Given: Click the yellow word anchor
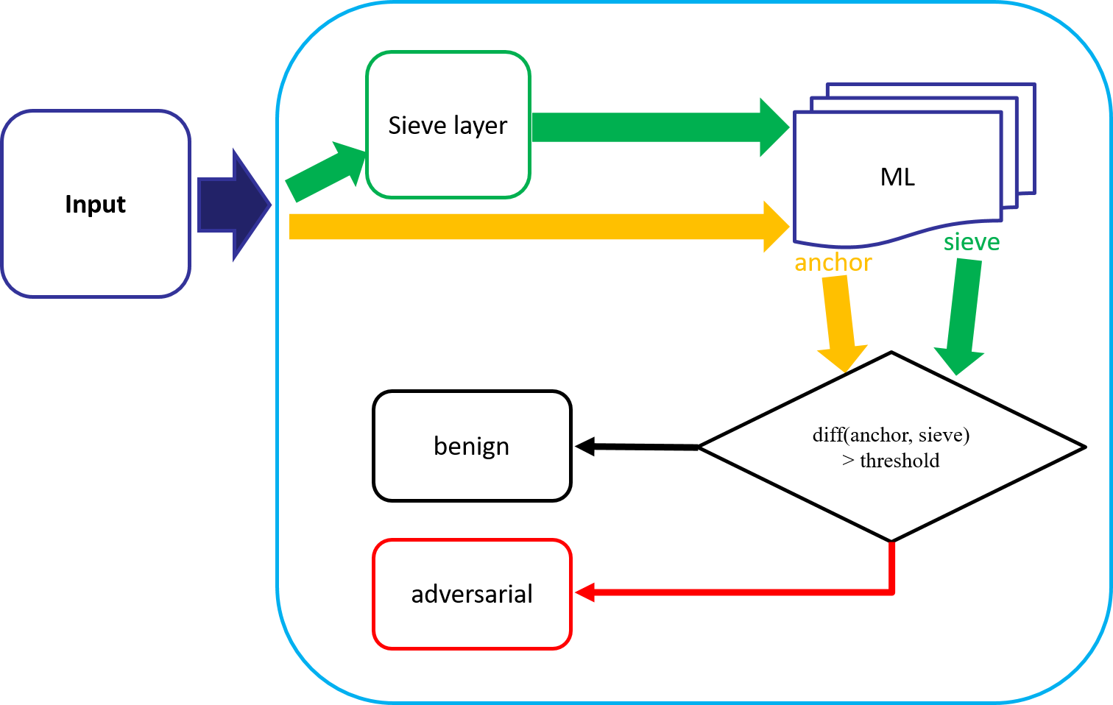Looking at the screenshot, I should pos(833,263).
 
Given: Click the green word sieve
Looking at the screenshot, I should pos(971,242).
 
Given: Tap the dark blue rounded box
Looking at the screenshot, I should pos(96,204).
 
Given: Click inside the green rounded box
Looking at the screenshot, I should pos(448,124).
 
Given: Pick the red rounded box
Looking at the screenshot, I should pos(472,594).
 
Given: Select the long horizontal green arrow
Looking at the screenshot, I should pos(648,127).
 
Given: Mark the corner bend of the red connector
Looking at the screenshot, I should pos(892,591).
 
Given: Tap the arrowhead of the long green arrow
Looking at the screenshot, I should pos(774,127).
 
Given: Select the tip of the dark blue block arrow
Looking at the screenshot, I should pos(269,205).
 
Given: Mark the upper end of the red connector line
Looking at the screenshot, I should pos(892,545).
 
